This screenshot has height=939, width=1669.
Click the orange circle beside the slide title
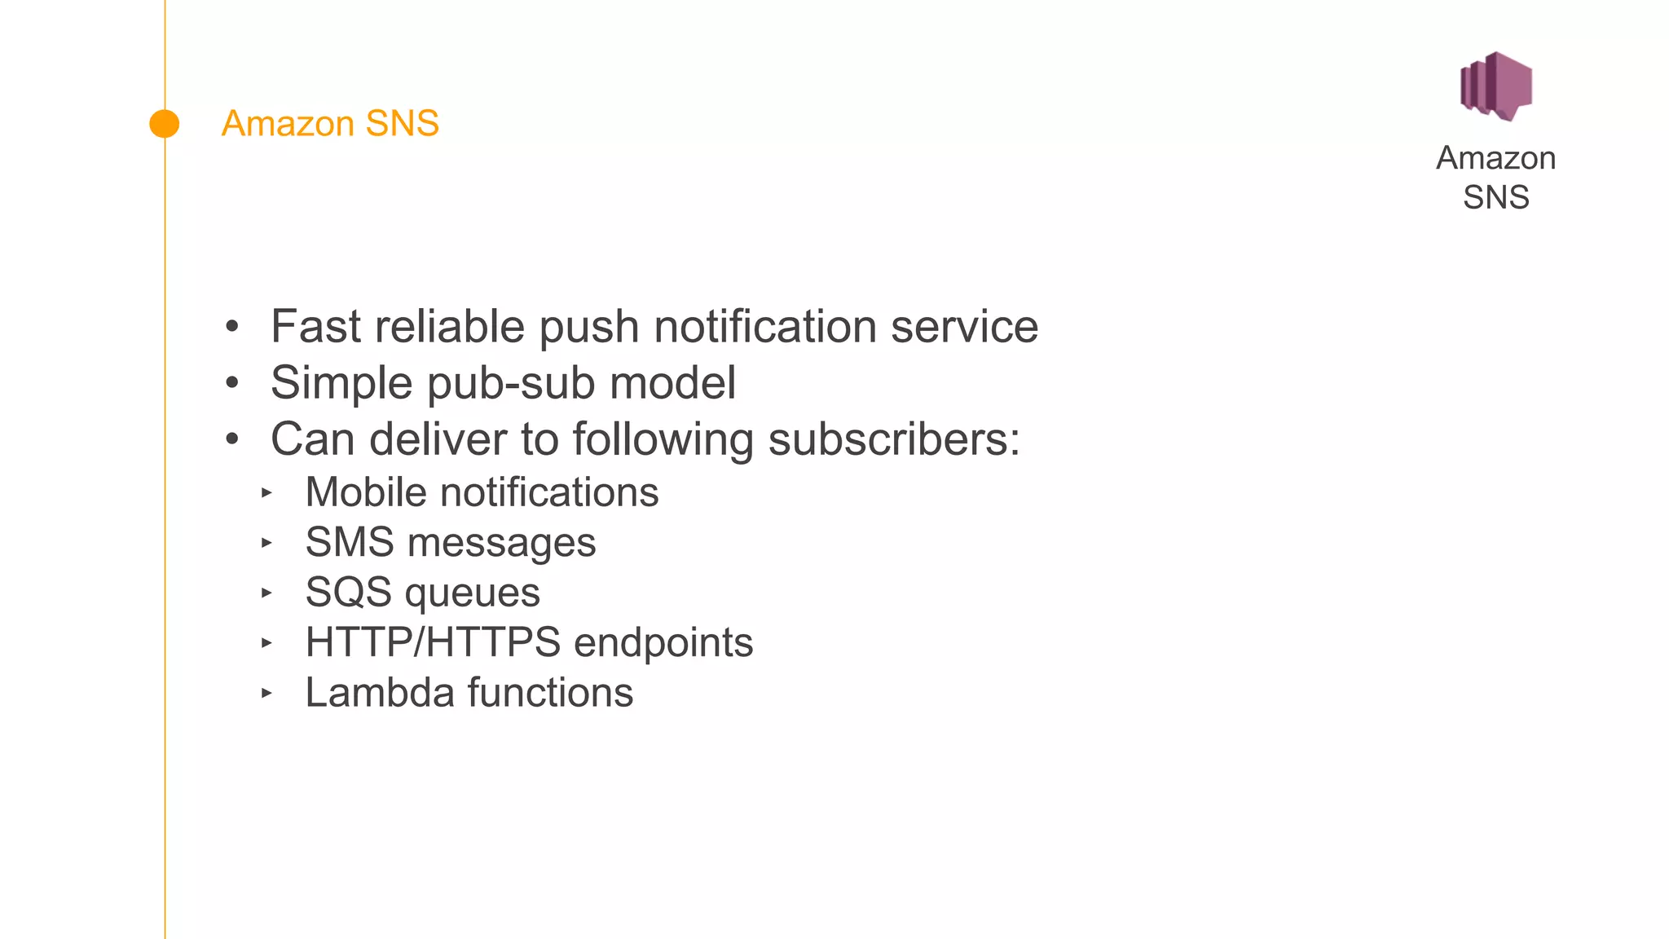[165, 124]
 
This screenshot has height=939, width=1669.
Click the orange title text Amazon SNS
[330, 124]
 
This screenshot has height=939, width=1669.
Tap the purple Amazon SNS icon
[1496, 86]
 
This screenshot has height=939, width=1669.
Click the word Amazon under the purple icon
[1495, 158]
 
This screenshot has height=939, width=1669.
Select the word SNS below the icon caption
[1495, 197]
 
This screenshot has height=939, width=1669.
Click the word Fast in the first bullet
[316, 327]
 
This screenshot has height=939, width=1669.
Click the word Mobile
[366, 492]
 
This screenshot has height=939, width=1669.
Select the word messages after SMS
[501, 543]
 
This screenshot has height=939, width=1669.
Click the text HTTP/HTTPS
[433, 642]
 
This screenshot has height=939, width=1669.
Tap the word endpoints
[663, 643]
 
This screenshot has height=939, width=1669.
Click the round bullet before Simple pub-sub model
[232, 383]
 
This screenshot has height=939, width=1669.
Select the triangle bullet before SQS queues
[266, 593]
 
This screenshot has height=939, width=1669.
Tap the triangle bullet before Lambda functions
[266, 693]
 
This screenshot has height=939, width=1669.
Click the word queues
[472, 593]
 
